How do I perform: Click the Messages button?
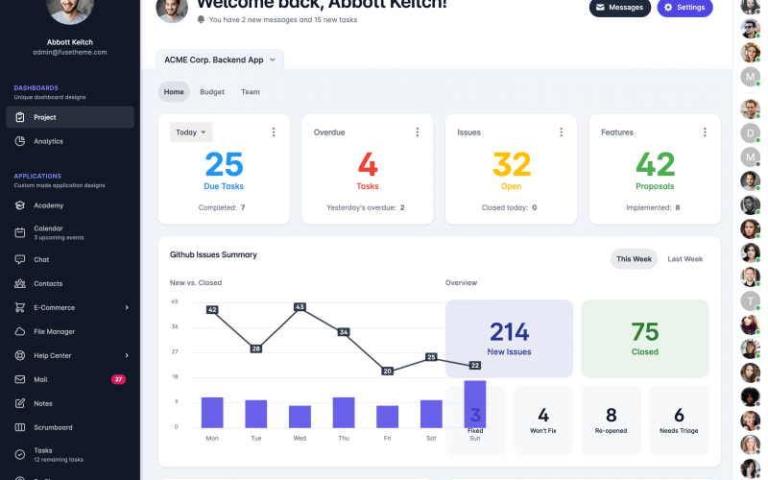619,8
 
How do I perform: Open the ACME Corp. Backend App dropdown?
220,60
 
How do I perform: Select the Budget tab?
212,92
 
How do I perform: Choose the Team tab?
250,92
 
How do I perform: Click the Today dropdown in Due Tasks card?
191,132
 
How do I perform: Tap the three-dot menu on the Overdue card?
417,132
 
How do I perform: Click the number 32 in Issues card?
511,164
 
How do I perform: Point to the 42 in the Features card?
655,164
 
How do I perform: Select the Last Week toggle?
684,259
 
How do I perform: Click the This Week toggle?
634,259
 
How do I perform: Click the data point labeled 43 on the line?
300,307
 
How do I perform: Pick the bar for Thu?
344,413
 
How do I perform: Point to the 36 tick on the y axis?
175,326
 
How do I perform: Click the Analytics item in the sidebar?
48,141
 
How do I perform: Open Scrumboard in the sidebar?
53,427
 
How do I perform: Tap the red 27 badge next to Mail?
118,379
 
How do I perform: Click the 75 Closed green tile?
644,338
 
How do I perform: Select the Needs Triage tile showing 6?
679,420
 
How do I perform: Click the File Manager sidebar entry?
54,331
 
